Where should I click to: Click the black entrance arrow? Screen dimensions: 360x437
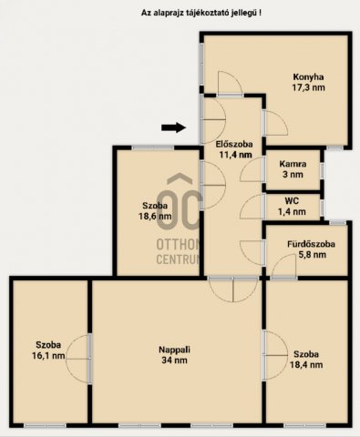[x=173, y=127]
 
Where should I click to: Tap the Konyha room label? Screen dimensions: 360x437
[x=308, y=76]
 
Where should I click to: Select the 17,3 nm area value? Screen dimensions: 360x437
[x=308, y=87]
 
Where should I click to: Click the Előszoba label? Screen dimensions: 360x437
[x=234, y=144]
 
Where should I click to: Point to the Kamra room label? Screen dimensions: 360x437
[x=293, y=164]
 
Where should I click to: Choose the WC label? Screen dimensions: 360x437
[x=292, y=201]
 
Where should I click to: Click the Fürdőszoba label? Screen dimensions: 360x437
[x=311, y=244]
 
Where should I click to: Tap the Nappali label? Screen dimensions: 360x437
[x=174, y=350]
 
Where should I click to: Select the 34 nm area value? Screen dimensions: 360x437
[x=174, y=361]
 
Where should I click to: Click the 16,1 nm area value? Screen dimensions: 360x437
[x=48, y=355]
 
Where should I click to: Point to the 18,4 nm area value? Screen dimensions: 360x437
[x=306, y=364]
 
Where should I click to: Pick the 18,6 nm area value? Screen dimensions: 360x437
[x=155, y=217]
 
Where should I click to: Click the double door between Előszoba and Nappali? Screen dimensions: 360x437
[x=233, y=289]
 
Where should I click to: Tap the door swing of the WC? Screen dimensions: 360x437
[x=252, y=207]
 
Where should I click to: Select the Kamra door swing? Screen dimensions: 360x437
[x=252, y=170]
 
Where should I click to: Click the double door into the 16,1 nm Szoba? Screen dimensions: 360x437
[x=78, y=359]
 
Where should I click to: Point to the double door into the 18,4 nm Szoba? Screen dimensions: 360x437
[x=275, y=355]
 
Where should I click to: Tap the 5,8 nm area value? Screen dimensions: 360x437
[x=313, y=255]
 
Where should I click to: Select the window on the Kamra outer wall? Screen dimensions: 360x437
[x=323, y=171]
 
